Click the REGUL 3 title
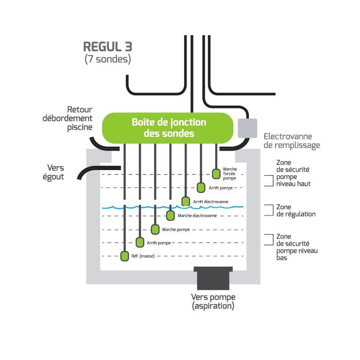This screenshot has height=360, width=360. pyautogui.click(x=108, y=47)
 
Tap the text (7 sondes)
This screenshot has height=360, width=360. pyautogui.click(x=108, y=59)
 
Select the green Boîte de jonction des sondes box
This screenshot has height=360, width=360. pyautogui.click(x=169, y=128)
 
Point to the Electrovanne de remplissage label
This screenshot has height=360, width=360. pyautogui.click(x=292, y=140)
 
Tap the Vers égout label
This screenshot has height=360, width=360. pyautogui.click(x=55, y=172)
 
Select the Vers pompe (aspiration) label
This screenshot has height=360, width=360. pyautogui.click(x=213, y=301)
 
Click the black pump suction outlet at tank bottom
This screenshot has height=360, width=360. pyautogui.click(x=213, y=279)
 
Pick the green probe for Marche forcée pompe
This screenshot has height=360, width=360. pyautogui.click(x=216, y=173)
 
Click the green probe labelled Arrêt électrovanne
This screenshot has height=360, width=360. pyautogui.click(x=185, y=201)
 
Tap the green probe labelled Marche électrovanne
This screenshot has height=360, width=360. pyautogui.click(x=170, y=216)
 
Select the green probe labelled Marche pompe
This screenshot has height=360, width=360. pyautogui.click(x=155, y=229)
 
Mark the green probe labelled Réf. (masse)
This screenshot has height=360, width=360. pyautogui.click(x=124, y=256)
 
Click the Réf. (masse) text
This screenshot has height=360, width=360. pyautogui.click(x=142, y=256)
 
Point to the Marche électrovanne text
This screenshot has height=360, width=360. pyautogui.click(x=197, y=216)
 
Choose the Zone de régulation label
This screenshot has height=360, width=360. pyautogui.click(x=296, y=211)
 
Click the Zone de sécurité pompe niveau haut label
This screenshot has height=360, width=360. pyautogui.click(x=293, y=175)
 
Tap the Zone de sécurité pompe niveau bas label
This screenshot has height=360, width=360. pyautogui.click(x=296, y=247)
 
